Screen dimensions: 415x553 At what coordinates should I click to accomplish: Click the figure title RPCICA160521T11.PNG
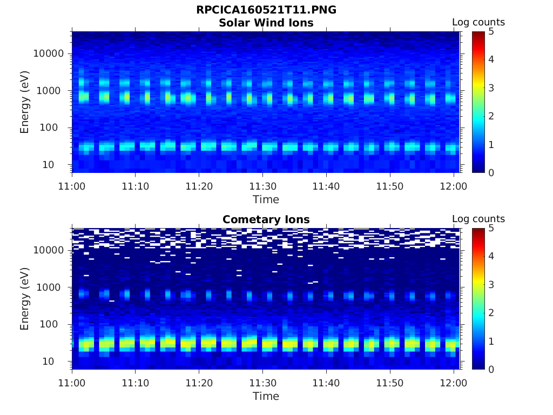pos(266,10)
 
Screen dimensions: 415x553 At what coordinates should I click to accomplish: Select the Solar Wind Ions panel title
pos(266,23)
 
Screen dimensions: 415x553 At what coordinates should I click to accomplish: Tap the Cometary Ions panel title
pos(266,219)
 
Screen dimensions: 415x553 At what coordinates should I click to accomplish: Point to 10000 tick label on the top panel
pos(49,53)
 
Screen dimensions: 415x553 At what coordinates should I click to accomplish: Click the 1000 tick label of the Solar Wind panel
pos(52,91)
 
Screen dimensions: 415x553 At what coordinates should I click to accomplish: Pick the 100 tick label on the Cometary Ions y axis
pos(54,324)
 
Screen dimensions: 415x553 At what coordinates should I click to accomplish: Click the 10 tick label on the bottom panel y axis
pos(57,361)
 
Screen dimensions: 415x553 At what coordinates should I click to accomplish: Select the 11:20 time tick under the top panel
pos(199,186)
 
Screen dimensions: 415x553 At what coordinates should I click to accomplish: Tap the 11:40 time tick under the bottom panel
pos(326,383)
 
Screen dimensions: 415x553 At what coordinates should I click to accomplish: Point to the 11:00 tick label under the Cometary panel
pos(72,383)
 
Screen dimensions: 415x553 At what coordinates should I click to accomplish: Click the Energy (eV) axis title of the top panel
pos(25,102)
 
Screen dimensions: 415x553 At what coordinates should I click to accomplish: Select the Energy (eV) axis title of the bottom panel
pos(25,299)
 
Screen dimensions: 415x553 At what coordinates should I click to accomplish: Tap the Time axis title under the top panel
pos(266,199)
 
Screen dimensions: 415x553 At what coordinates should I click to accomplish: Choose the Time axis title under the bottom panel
pos(266,396)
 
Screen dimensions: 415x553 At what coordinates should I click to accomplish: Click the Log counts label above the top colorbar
pos(478,22)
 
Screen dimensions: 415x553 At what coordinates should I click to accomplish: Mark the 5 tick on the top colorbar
pos(491,31)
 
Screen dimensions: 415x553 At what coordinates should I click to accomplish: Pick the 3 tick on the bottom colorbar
pos(491,284)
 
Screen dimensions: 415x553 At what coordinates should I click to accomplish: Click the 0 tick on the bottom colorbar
pos(491,369)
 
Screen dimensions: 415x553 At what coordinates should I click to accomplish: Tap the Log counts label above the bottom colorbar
pos(478,219)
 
